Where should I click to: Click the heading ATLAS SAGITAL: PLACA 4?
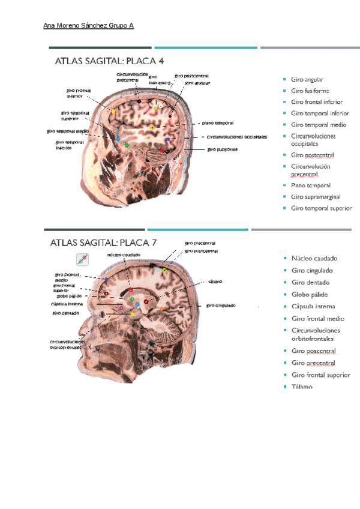click(109, 61)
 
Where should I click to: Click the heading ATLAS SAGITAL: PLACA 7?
click(103, 242)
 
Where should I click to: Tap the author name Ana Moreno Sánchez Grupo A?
click(89, 26)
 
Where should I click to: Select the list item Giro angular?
click(307, 79)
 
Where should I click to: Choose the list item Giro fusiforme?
click(309, 91)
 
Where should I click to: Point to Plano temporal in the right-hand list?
click(310, 185)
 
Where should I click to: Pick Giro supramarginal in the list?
click(315, 197)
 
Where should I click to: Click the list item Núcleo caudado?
click(314, 258)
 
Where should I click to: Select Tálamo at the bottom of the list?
click(302, 387)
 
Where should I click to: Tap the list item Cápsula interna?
click(313, 307)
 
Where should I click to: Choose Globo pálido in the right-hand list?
click(310, 294)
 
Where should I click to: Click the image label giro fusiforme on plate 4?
click(223, 149)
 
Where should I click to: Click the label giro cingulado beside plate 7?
click(221, 306)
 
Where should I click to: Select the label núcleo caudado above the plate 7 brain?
click(124, 254)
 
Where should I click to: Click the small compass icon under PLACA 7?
click(82, 259)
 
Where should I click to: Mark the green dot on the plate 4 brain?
click(127, 145)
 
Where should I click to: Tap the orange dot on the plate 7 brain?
click(161, 309)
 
